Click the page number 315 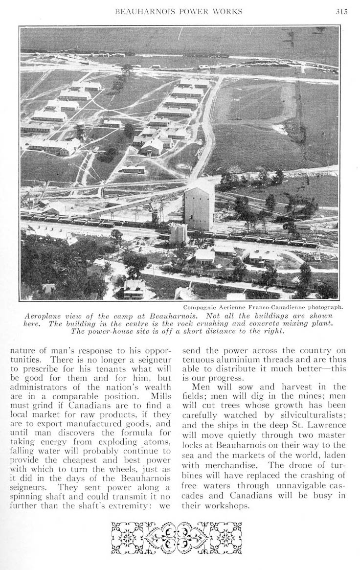[341, 12]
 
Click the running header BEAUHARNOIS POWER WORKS [178, 12]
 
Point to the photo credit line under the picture [263, 307]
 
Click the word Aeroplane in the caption [44, 316]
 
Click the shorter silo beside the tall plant [178, 233]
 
